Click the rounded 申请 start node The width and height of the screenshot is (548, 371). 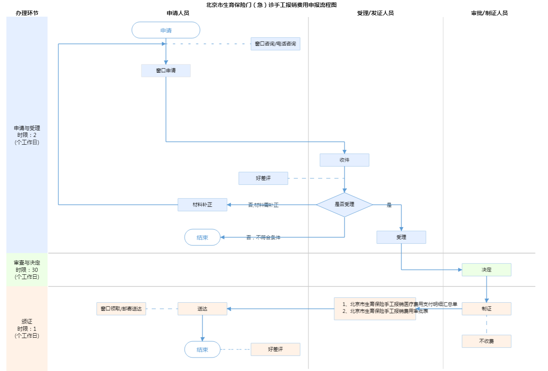coord(166,30)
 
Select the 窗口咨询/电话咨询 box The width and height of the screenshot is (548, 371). coord(275,44)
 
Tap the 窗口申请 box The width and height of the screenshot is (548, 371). coord(166,71)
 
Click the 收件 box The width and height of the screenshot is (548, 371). coord(344,160)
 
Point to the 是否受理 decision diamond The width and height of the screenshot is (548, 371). coord(344,204)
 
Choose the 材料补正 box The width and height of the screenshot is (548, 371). coord(202,205)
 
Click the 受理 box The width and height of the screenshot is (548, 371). coord(401,237)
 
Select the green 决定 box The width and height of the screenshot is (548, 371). coord(486,270)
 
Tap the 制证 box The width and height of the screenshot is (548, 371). coord(486,309)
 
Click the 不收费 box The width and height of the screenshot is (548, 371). coord(486,341)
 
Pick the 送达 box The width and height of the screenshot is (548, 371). coord(202,309)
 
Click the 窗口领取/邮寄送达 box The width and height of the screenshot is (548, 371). coord(121,309)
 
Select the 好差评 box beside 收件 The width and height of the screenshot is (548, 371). coord(263,178)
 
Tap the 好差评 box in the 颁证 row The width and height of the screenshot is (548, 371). coord(275,349)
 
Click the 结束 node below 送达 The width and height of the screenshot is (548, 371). coord(202,349)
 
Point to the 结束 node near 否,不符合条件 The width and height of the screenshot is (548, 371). coord(202,237)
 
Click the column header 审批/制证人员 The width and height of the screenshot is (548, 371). coord(489,13)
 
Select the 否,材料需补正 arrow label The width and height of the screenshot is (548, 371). coord(263,205)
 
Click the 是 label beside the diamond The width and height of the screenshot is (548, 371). coord(389,205)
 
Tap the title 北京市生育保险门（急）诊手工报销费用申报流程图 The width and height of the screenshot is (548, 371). coord(271,5)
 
